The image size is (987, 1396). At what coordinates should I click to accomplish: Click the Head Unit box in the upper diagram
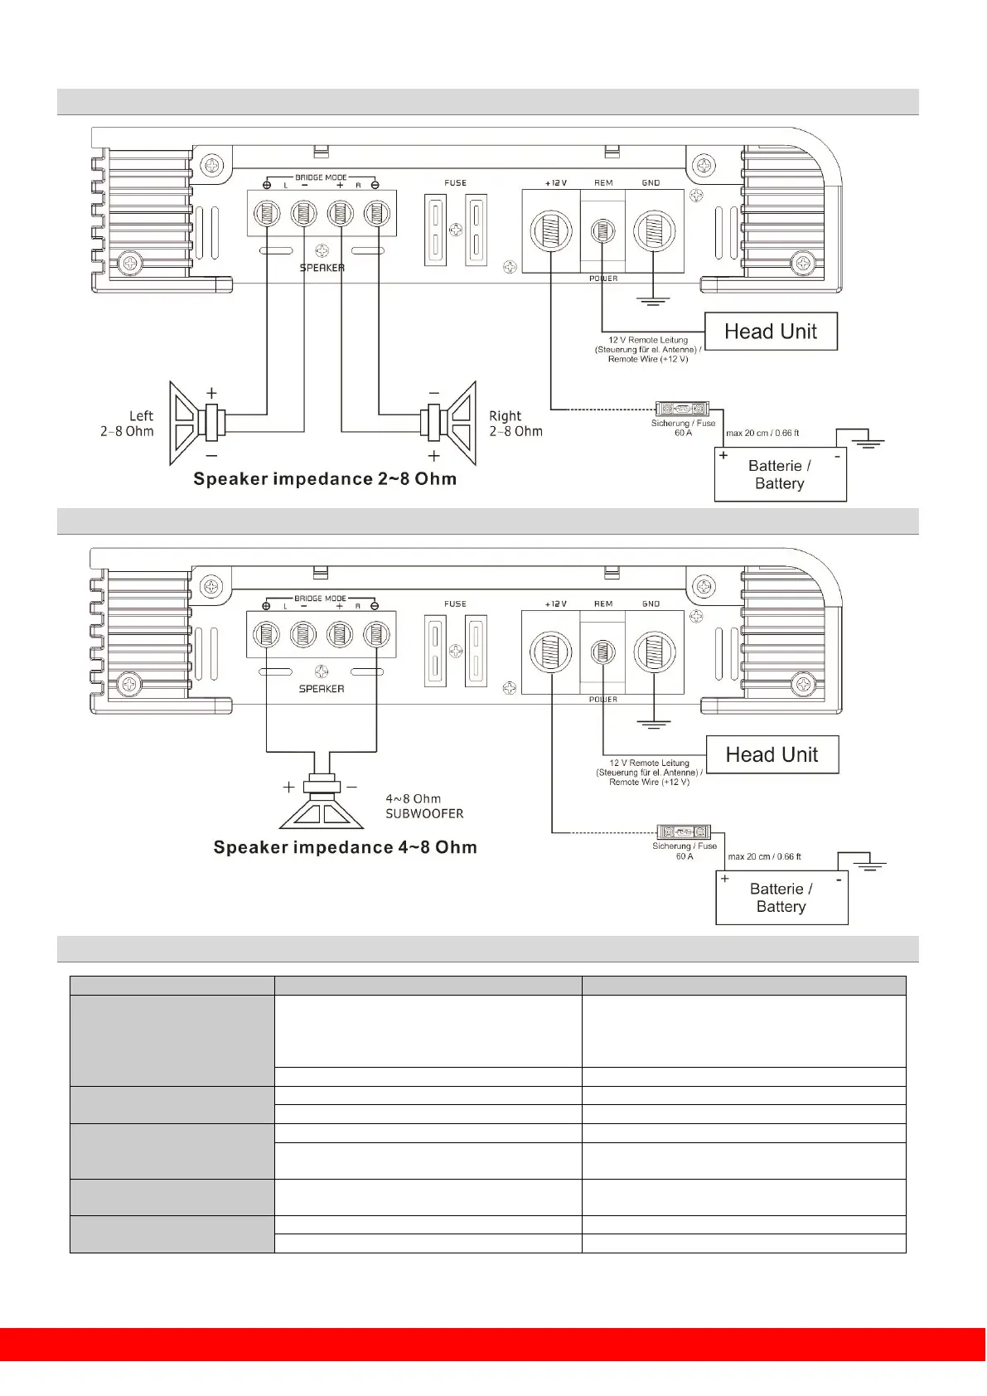point(771,332)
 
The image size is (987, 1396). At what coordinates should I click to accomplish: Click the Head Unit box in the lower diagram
point(772,754)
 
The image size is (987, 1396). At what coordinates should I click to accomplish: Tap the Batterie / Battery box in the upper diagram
point(780,475)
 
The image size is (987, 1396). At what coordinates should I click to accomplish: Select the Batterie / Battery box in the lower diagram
point(781,898)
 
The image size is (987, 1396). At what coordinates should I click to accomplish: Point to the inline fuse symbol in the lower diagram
point(684,831)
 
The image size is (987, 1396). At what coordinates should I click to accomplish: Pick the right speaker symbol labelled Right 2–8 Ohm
point(448,423)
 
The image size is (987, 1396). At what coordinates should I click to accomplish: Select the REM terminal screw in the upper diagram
point(603,230)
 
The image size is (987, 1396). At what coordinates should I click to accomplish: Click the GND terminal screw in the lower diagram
point(654,652)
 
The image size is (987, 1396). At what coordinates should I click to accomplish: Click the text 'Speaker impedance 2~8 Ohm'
point(325,479)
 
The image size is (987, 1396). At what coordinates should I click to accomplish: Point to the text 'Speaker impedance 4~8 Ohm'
point(345,847)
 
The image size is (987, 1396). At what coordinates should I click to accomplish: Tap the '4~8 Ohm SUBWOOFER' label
point(424,807)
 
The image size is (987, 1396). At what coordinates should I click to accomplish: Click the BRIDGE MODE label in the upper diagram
point(321,177)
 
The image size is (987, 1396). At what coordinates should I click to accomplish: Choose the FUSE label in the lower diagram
point(455,603)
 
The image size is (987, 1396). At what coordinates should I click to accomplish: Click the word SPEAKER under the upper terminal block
point(322,268)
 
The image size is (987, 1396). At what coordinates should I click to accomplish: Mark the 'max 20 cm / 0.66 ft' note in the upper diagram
point(762,433)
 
